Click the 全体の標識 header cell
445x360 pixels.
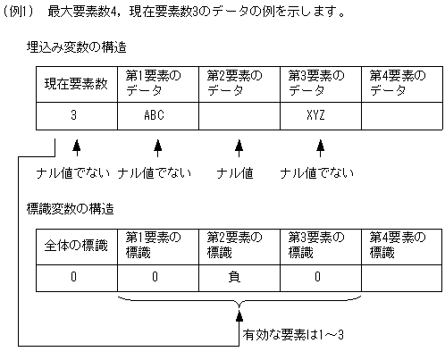pos(77,245)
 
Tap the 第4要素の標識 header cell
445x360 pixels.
pos(399,245)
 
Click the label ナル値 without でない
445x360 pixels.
pos(237,172)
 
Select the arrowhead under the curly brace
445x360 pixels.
pos(238,312)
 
